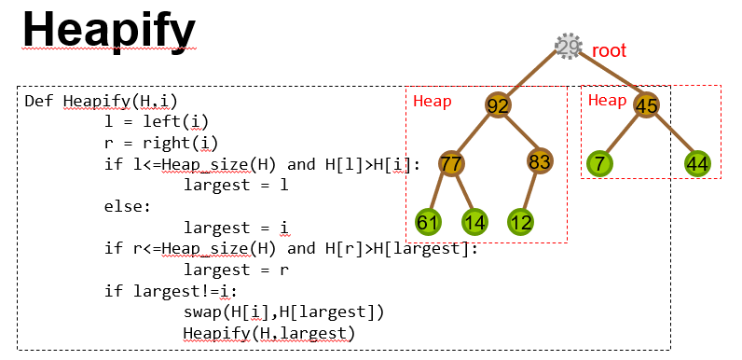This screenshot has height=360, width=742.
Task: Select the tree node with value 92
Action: coord(499,104)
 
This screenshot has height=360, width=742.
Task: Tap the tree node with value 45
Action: coord(647,104)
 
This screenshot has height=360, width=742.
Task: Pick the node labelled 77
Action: coord(451,164)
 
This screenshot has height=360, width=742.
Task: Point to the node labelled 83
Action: coord(540,161)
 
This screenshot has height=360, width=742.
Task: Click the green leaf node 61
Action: coord(429,222)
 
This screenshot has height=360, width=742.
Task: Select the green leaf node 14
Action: coord(474,222)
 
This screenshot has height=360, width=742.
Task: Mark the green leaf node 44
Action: coord(698,164)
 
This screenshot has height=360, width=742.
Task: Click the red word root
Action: coord(610,50)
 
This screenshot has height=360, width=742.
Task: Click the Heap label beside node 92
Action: coord(433,101)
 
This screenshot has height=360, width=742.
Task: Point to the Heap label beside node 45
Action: coord(608,101)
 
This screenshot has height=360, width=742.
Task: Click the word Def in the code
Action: coord(40,101)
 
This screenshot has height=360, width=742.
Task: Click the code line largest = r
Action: coord(236,270)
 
